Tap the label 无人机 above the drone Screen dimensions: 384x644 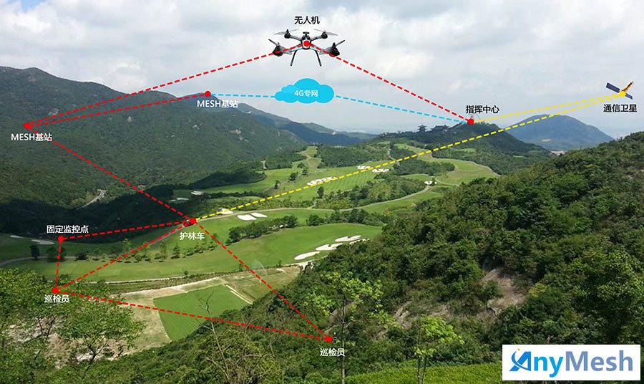(306, 21)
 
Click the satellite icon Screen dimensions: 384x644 (620, 90)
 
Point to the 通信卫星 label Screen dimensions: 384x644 (620, 109)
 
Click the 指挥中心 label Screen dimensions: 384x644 (482, 110)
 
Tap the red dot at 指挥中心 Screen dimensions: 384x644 (470, 122)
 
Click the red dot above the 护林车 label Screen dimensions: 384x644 (192, 221)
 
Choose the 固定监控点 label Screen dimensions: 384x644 (67, 229)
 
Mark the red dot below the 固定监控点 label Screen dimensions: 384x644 (59, 241)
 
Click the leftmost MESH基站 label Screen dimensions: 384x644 (31, 136)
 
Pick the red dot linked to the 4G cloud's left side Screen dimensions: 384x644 (208, 94)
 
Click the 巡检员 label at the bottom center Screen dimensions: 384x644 (332, 352)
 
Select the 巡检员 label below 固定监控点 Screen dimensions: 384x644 (56, 299)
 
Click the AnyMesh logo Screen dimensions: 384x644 (570, 362)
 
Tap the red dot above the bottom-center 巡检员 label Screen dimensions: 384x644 (328, 339)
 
